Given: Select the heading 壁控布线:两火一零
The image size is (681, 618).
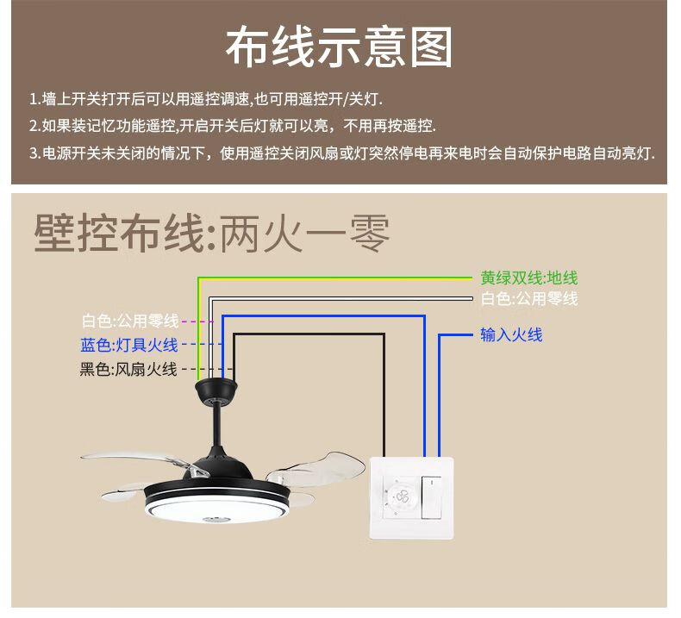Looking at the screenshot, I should pos(211,234).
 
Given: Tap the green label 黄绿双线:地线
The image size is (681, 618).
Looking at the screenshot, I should pos(528,278).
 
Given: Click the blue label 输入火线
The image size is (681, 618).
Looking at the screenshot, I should pos(511,334).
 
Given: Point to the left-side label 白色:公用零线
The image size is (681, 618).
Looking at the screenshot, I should pos(130,321).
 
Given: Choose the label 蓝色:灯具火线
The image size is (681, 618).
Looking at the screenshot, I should pos(129,345).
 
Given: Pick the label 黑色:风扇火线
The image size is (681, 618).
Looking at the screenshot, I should pos(128,369).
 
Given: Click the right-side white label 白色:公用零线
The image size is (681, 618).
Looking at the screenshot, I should pos(528,298).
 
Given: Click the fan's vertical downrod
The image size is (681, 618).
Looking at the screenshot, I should pos(216,431).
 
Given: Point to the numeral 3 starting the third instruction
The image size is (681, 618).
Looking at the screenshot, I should pos(33,153).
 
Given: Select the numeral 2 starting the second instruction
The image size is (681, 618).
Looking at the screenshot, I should pos(33,126).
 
